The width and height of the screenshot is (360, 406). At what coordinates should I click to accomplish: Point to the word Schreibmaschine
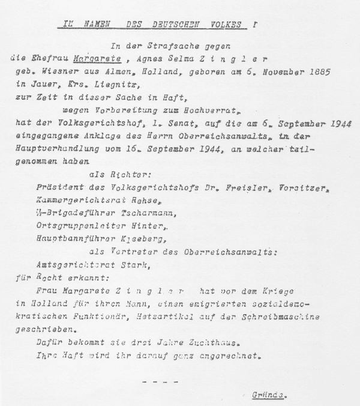click(x=286, y=317)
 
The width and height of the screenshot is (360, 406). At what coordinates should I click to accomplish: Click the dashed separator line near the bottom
click(x=160, y=381)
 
